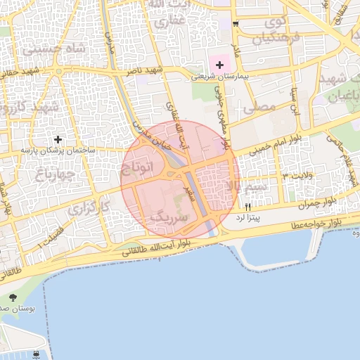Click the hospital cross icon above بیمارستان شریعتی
(220, 65)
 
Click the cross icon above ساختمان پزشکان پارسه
(58, 139)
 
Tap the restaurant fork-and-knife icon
(248, 207)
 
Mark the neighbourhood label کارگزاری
(90, 208)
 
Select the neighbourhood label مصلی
(258, 106)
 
